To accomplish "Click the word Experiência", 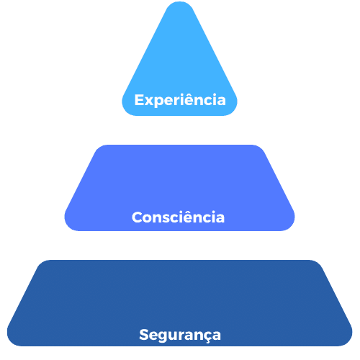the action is tap(180, 100).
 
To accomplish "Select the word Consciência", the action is tap(178, 217).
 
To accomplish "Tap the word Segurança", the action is tap(180, 335).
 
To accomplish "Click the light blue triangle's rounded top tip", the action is tap(180, 3).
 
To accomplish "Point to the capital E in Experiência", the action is tap(139, 100).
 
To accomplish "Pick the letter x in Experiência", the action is tap(149, 102).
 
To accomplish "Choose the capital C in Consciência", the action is tap(138, 217).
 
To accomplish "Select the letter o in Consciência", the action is tap(149, 219).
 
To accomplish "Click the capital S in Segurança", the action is tap(144, 335).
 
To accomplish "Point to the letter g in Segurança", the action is tap(164, 337).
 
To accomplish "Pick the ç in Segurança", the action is tap(205, 337).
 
